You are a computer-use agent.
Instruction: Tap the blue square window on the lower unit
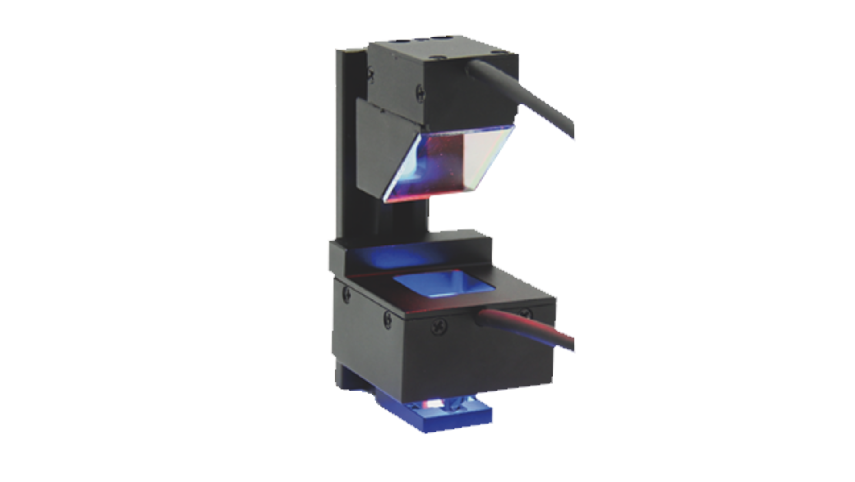pyautogui.click(x=444, y=284)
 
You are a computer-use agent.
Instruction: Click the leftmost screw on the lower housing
pyautogui.click(x=346, y=293)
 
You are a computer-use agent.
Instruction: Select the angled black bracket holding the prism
pyautogui.click(x=375, y=147)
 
